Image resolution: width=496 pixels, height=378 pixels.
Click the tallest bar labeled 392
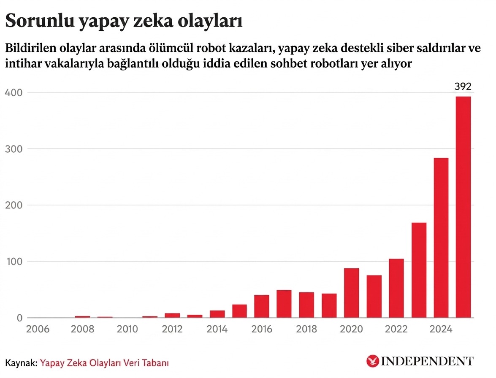click(463, 207)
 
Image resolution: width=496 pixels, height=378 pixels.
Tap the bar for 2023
click(419, 270)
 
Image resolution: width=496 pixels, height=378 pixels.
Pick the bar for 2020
click(351, 293)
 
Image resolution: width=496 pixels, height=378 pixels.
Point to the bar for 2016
click(262, 306)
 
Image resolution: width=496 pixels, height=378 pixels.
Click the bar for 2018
click(306, 305)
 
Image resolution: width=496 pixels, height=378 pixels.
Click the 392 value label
click(463, 87)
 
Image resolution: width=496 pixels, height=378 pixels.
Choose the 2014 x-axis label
click(217, 329)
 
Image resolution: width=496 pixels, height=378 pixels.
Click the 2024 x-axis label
click(441, 329)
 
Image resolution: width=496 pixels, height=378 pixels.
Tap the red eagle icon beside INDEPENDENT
click(373, 362)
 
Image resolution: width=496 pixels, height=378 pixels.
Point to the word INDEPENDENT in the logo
click(427, 362)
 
